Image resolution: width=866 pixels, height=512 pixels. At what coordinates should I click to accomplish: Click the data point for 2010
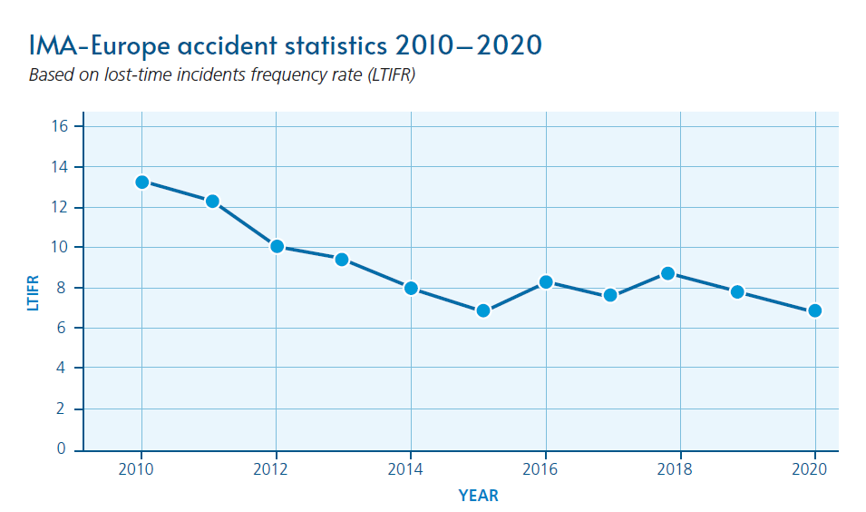point(141,182)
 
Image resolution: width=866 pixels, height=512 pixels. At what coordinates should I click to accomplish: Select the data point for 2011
point(212,201)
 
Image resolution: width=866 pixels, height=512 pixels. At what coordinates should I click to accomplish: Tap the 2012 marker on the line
point(277,246)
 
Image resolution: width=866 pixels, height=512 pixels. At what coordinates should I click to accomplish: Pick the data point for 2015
point(482,310)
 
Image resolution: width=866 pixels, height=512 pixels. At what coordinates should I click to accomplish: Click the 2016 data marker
point(546,281)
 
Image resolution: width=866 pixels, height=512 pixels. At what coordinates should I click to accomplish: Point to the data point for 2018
point(667,272)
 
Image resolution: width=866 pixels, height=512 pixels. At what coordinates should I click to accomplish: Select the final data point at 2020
point(814,310)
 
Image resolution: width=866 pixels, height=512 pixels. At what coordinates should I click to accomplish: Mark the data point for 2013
point(342,259)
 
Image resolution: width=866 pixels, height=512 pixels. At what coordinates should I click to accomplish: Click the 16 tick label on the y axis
point(61,126)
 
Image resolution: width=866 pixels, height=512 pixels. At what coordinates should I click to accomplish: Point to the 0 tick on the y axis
point(61,449)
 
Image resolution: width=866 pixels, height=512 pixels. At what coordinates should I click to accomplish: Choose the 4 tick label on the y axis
point(61,369)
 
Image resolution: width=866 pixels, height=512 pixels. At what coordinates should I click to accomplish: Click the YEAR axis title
point(478,496)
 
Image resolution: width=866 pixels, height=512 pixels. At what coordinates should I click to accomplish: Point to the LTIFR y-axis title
point(34,288)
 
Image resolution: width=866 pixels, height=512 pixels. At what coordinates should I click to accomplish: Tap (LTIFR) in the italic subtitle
point(385,75)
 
